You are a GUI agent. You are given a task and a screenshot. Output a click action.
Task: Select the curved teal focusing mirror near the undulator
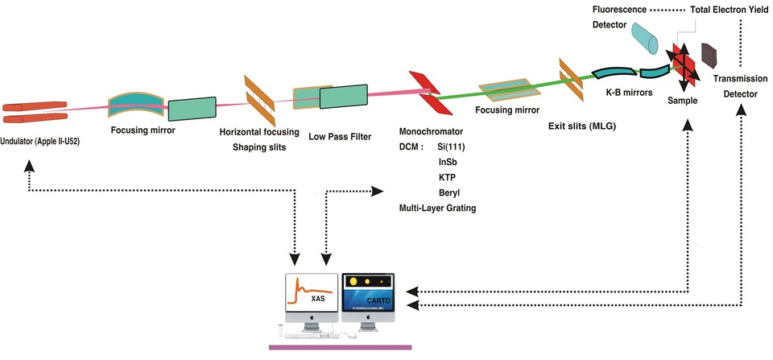coord(136,101)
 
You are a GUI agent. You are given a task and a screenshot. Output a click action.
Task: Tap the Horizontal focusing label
coord(259,132)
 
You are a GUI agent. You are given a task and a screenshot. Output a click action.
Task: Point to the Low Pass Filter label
coord(340,136)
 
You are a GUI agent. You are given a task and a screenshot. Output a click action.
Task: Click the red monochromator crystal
coord(424,93)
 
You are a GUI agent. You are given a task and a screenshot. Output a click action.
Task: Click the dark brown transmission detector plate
coord(709,56)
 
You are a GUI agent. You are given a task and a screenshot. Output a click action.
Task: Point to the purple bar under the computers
coord(340,347)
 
